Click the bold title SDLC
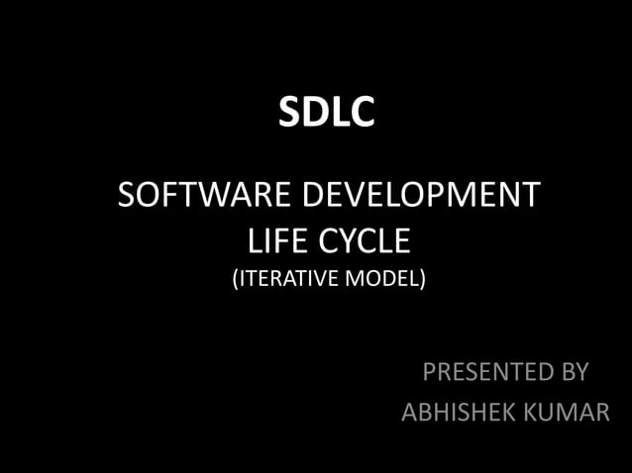[326, 113]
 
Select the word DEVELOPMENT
[420, 194]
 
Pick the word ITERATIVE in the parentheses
[286, 280]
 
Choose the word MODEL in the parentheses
[382, 280]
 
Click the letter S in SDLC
[289, 113]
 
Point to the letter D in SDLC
[315, 113]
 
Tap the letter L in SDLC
[339, 113]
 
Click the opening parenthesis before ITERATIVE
[236, 280]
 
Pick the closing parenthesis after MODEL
[423, 280]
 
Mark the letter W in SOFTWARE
[210, 194]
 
